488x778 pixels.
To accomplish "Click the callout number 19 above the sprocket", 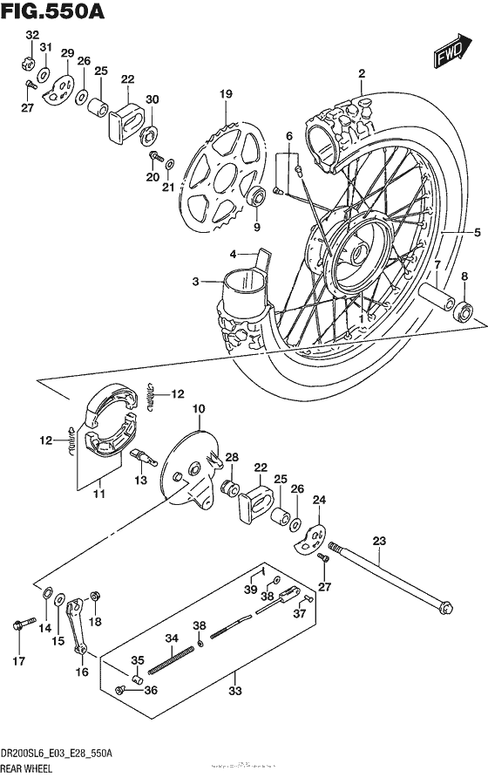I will click(226, 94).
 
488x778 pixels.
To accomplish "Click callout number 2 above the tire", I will click(361, 74).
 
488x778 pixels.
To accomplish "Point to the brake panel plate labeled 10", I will click(187, 467).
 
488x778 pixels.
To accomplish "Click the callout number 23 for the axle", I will click(378, 542).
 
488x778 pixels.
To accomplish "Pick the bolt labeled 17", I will click(18, 624).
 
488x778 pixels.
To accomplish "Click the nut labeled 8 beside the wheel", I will click(464, 310).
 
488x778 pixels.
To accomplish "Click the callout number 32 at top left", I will click(32, 35).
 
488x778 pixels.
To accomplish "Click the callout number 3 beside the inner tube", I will click(197, 281).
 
